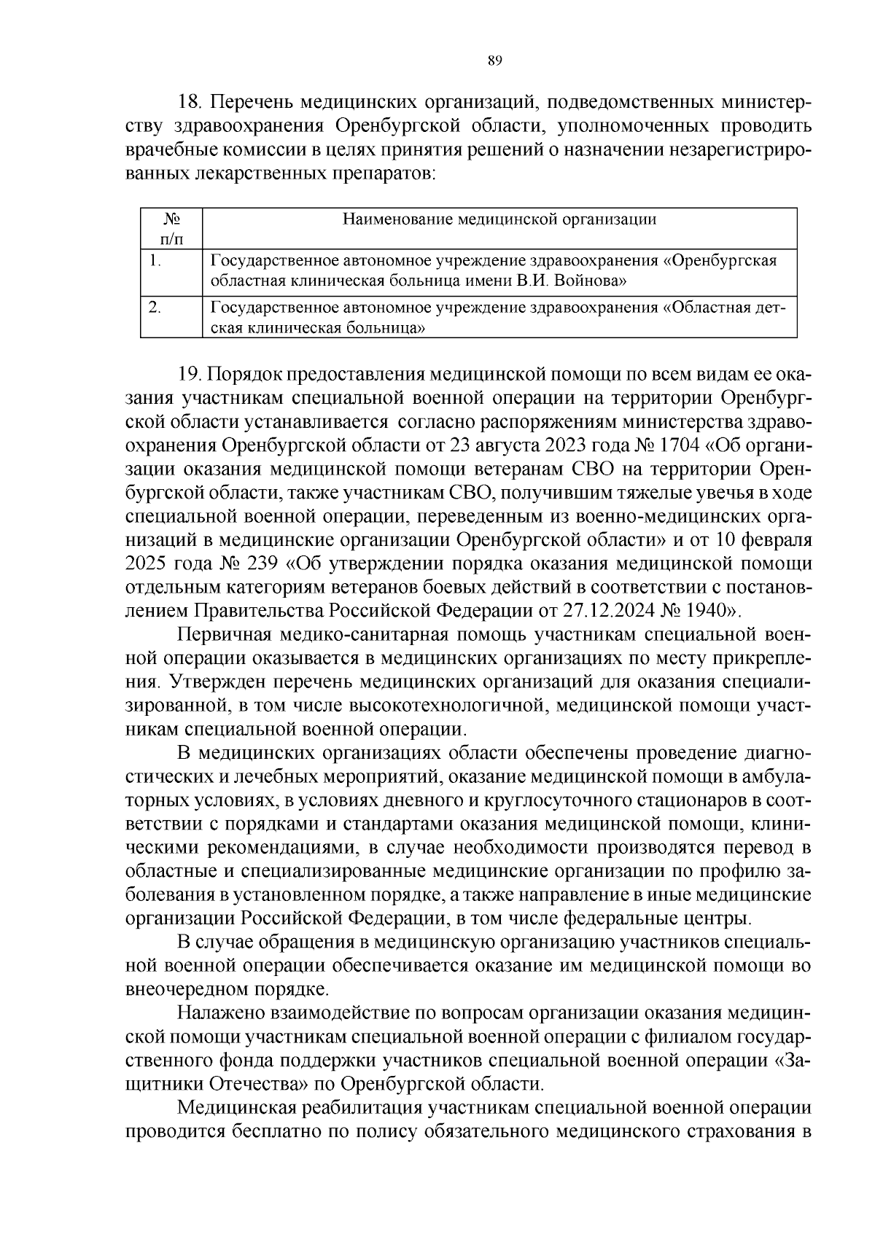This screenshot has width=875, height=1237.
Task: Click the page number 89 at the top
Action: [x=494, y=61]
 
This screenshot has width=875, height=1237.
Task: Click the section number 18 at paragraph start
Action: [x=190, y=100]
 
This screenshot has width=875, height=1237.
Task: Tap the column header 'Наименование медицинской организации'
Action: [x=499, y=219]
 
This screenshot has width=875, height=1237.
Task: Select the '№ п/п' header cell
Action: [x=171, y=229]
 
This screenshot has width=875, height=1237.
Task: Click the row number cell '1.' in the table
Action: [x=154, y=260]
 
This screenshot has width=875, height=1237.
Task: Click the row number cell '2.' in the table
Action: [x=154, y=308]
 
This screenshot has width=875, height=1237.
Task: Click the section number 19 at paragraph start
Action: [x=190, y=374]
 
